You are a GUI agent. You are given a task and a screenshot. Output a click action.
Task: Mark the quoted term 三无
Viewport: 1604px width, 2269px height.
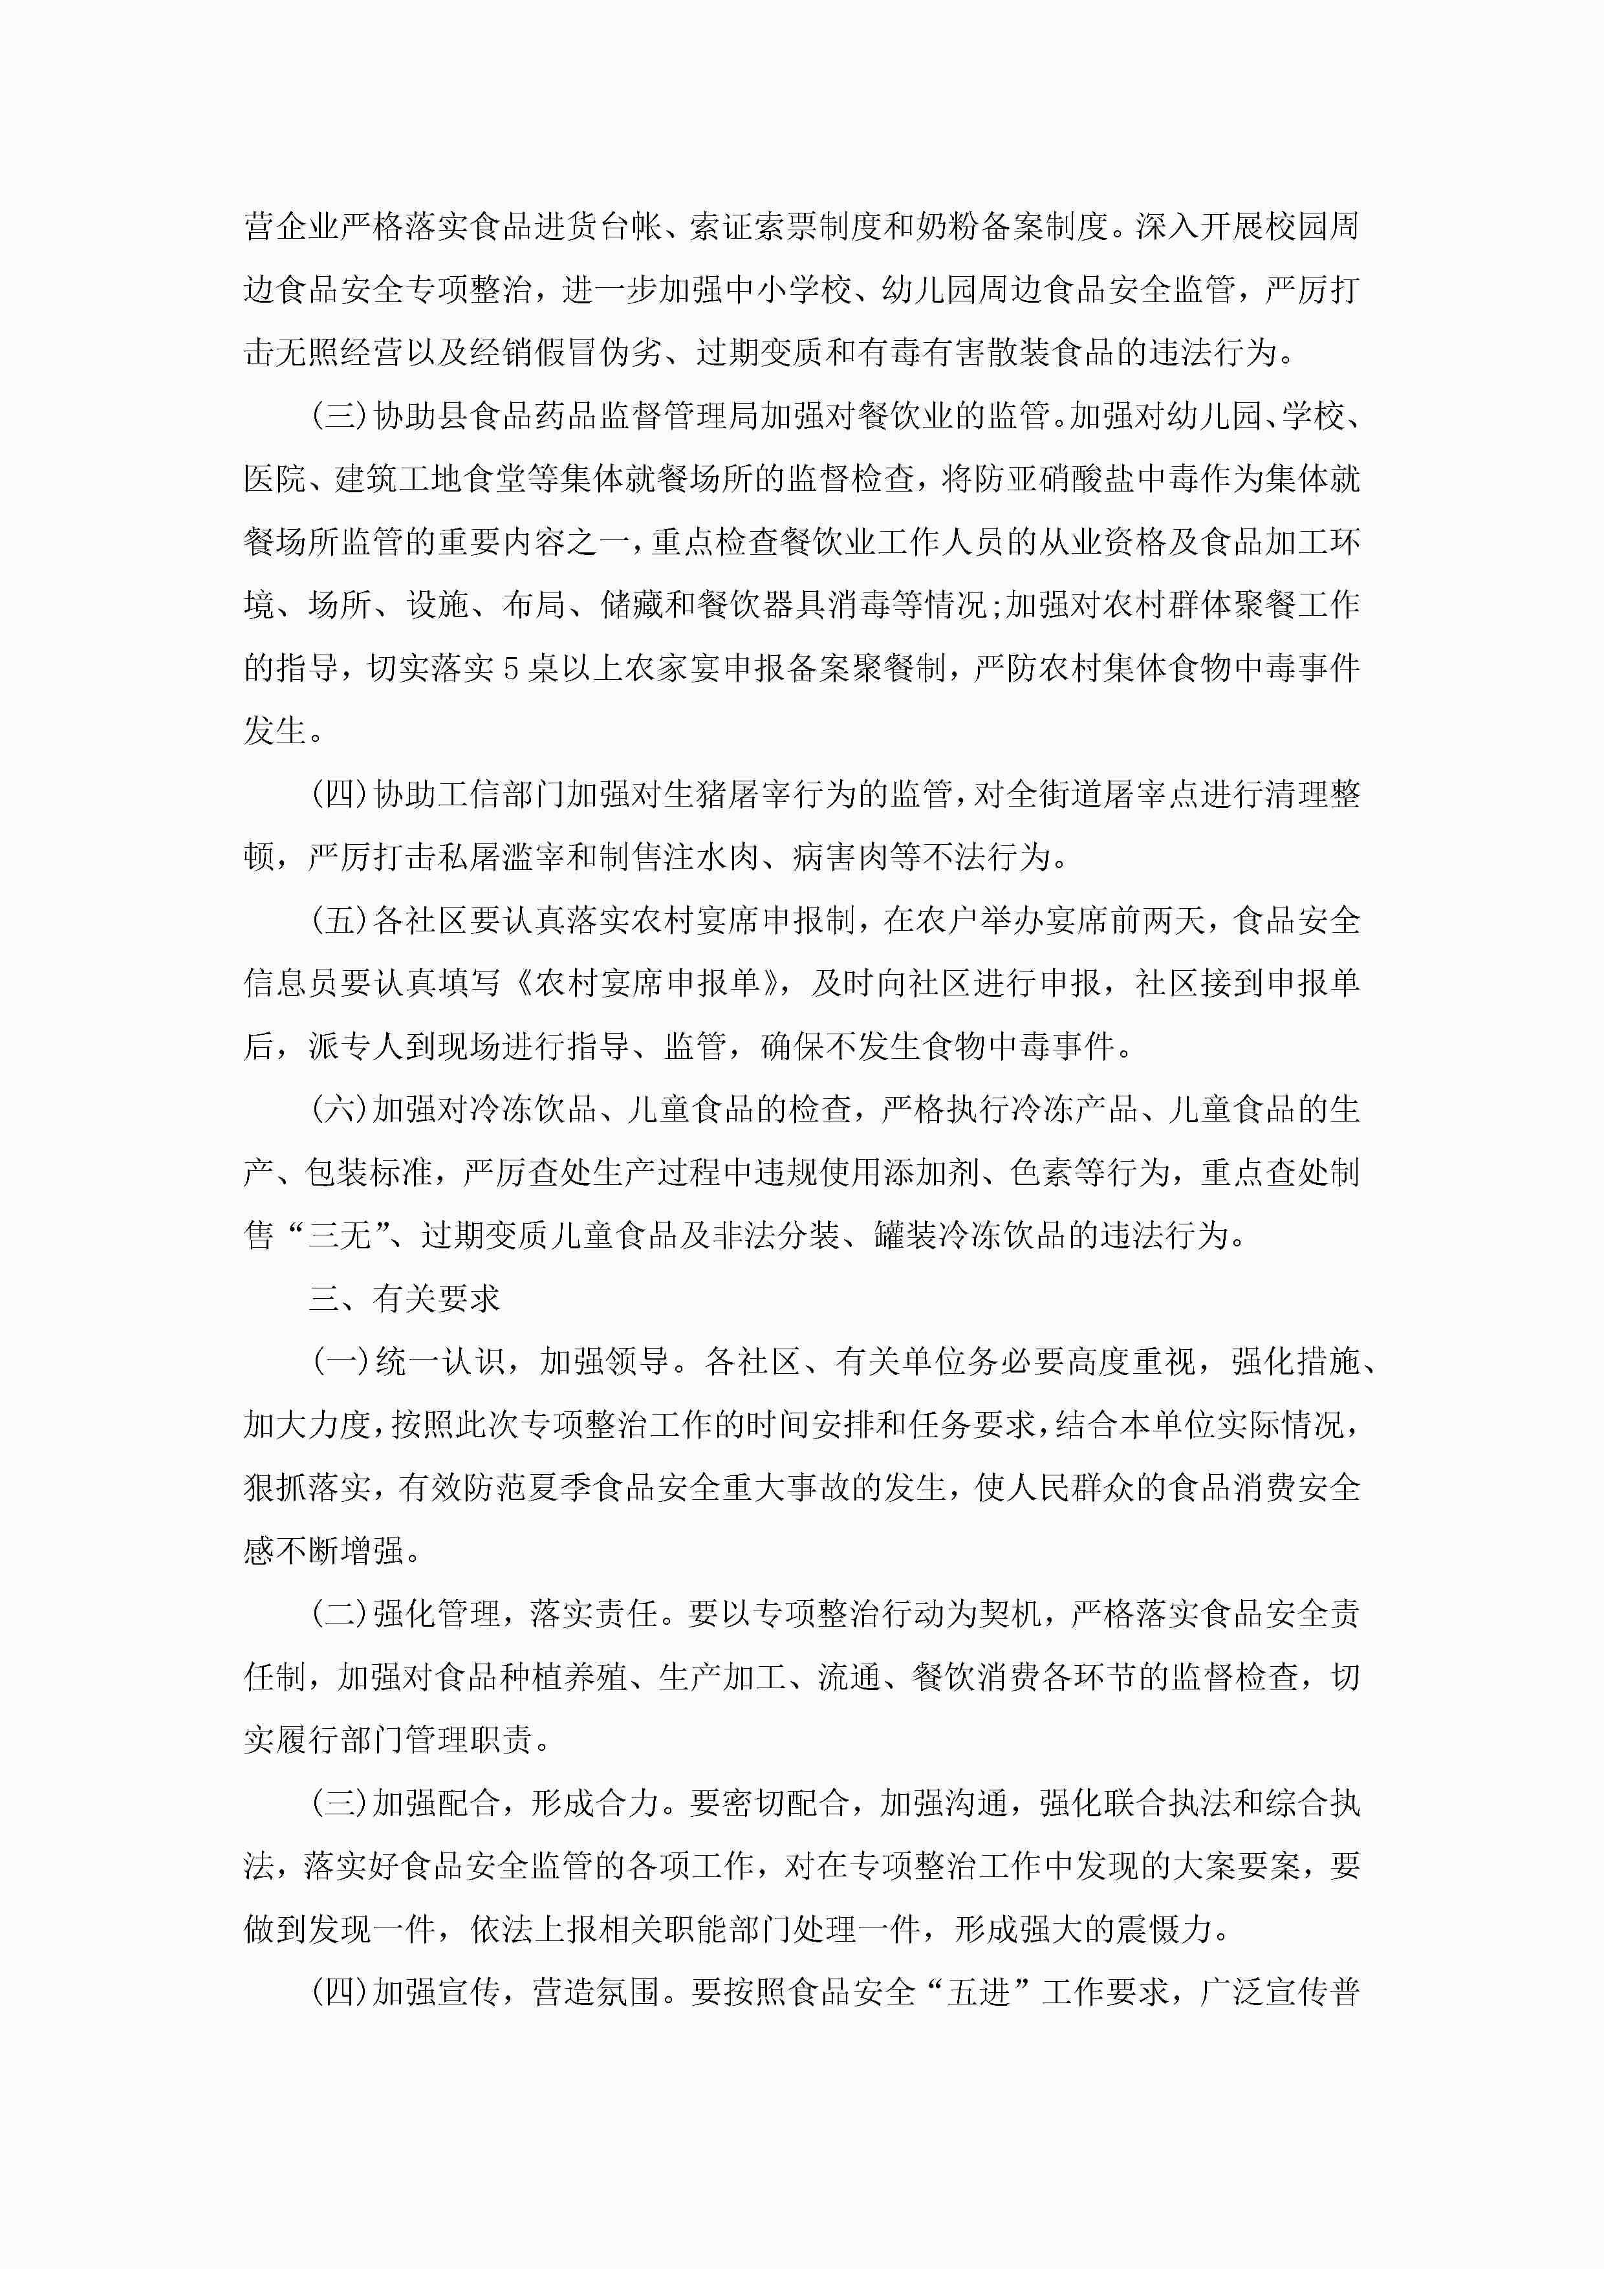click(339, 1236)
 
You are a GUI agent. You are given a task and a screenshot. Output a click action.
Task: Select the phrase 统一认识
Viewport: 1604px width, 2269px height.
click(438, 1362)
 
